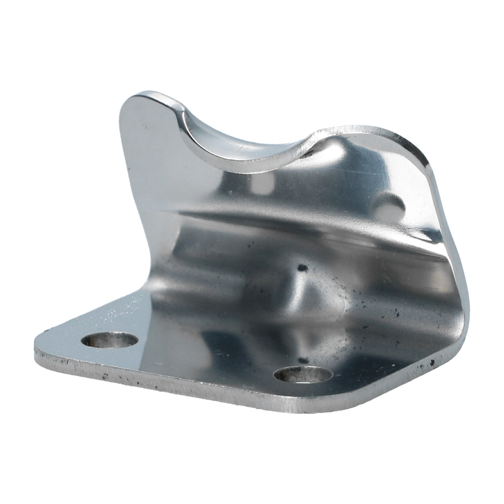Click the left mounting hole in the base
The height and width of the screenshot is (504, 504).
(110, 340)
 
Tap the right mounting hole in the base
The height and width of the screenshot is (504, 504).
(303, 374)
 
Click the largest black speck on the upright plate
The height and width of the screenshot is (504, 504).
(302, 268)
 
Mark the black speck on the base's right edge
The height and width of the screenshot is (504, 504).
(433, 362)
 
